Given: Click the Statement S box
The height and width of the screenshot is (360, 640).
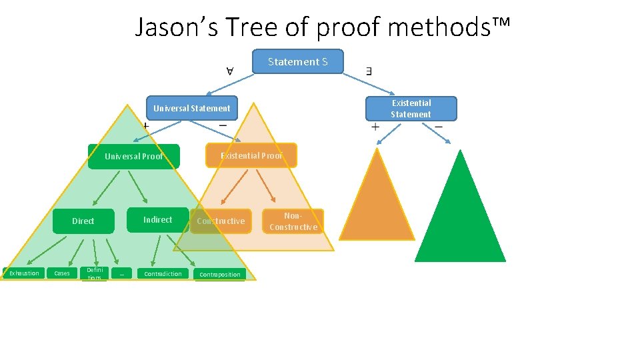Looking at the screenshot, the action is pos(298,61).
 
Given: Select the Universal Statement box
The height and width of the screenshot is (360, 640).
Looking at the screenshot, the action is pos(191,109).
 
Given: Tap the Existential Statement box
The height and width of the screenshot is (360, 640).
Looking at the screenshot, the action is pos(411,109).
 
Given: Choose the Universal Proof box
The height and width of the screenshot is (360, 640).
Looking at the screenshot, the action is pos(133,157).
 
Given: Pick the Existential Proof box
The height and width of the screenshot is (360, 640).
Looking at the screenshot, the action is pos(251,155).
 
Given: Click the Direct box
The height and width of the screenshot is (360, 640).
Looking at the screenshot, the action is pos(83,221).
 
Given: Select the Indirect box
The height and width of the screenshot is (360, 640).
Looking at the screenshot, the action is pos(157,220).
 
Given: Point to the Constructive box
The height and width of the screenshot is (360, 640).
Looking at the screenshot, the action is pos(221,221).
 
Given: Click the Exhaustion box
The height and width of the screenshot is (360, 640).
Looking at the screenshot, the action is pos(23,273).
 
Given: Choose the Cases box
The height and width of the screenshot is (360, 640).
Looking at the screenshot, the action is pos(61,273).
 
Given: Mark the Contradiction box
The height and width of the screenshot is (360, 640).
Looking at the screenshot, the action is pos(163,274).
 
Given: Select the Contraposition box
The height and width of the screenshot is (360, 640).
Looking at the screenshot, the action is pos(220,275).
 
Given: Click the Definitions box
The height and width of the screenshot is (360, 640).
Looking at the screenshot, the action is pos(95,273).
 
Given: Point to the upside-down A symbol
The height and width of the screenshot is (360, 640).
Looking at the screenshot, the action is pos(229,70).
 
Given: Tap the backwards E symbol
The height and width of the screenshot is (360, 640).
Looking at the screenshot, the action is pos(369,70).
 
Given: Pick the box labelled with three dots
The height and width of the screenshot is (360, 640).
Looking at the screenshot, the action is pos(122,273).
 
